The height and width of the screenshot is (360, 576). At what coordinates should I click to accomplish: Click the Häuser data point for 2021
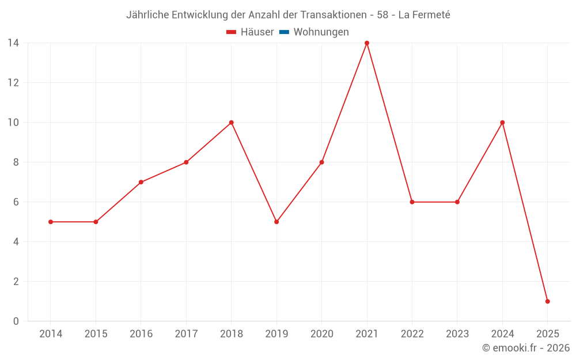pos(367,43)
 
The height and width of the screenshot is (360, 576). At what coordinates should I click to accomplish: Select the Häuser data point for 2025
pos(547,301)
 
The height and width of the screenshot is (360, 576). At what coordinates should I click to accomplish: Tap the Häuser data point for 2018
pos(232,123)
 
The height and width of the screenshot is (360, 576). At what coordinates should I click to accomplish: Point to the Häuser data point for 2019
pos(276,222)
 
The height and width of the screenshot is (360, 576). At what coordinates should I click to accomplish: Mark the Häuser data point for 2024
pos(502,123)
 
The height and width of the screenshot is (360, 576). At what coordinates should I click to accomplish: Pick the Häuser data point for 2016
pos(141,182)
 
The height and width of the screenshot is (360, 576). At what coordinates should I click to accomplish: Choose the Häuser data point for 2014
pos(51,222)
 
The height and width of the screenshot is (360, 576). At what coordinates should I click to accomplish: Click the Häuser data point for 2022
pos(412,202)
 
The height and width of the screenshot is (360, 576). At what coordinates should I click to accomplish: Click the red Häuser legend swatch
pos(232,32)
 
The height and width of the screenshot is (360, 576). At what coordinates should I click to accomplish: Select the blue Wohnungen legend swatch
pos(284,32)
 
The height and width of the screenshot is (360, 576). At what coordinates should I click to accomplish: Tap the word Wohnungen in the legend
pos(321,32)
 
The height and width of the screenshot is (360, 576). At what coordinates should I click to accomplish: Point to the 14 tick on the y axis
pos(13,43)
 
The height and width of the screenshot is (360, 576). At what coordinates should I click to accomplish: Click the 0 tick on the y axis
pos(16,321)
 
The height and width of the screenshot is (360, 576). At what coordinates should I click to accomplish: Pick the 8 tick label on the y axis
pos(16,162)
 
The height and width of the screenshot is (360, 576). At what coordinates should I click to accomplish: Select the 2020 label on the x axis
pos(321,334)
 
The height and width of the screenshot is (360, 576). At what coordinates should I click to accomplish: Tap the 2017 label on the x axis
pos(186,334)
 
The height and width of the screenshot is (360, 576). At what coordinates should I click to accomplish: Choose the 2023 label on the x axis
pos(457,334)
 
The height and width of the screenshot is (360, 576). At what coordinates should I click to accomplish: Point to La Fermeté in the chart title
pos(424,15)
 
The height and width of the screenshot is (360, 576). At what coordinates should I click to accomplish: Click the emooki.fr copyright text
pos(526,348)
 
